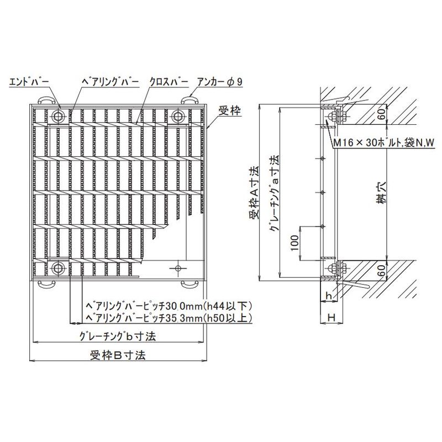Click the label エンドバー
29,82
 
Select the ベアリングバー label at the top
110,82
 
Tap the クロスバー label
169,82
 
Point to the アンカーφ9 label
220,82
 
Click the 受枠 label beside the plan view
230,111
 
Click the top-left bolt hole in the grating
59,116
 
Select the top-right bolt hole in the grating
178,116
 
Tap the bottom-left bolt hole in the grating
59,269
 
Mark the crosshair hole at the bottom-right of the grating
178,269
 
